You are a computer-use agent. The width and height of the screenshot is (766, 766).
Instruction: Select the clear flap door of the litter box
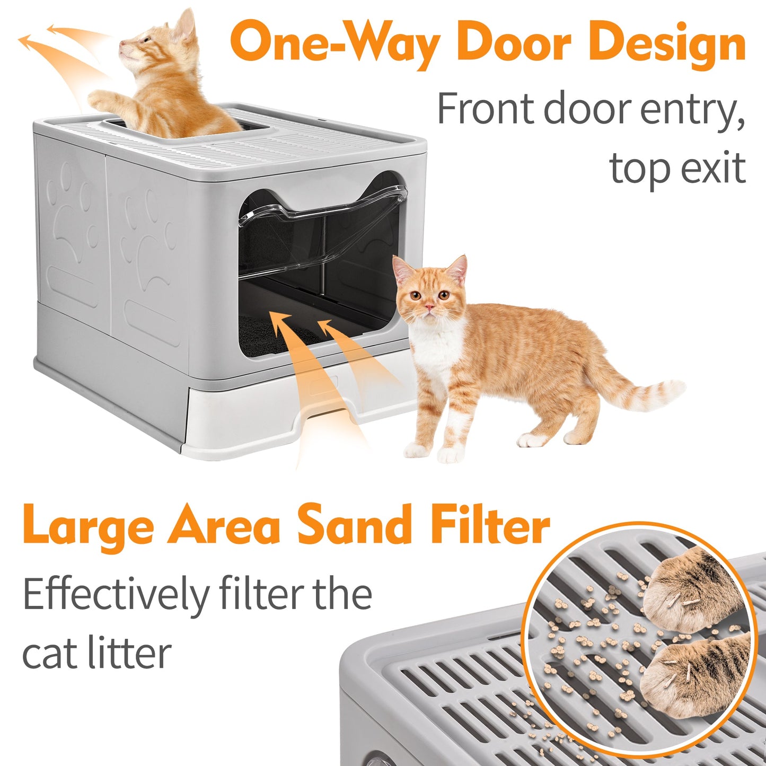click(x=321, y=233)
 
